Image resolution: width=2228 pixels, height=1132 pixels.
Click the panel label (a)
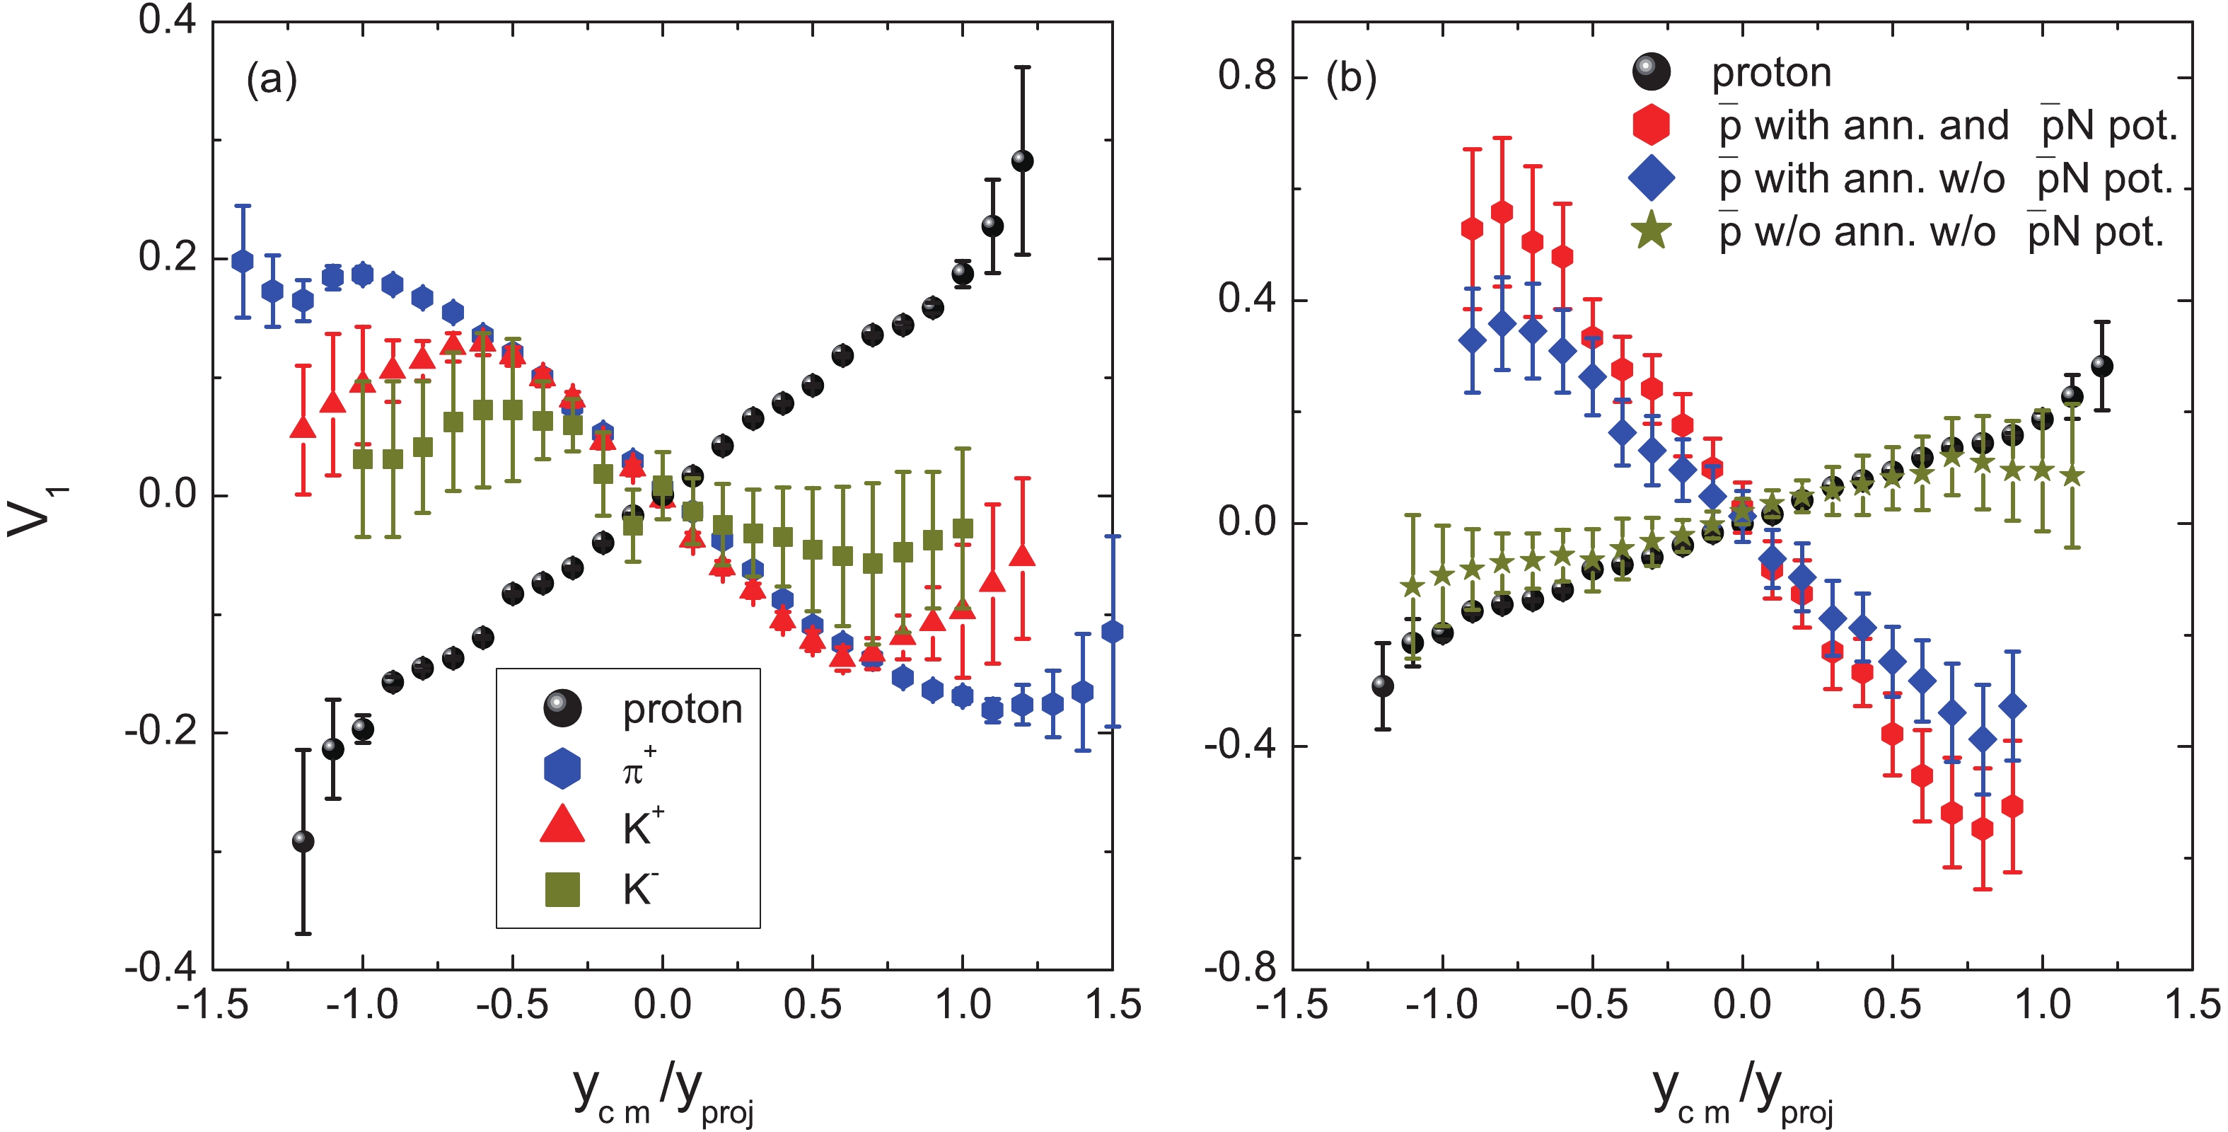click(272, 80)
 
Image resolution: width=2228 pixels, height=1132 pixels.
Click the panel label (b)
click(1351, 78)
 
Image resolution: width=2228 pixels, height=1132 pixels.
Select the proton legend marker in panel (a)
click(562, 708)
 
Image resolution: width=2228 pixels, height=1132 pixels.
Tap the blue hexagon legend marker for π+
click(562, 768)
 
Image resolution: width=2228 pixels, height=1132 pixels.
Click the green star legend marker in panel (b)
click(1651, 231)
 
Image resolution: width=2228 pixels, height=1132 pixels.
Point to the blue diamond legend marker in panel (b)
click(1651, 178)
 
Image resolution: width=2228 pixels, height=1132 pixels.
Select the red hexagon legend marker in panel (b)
click(1651, 125)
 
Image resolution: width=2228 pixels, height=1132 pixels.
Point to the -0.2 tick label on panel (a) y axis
click(159, 732)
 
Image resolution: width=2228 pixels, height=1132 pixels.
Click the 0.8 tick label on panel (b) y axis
click(1246, 76)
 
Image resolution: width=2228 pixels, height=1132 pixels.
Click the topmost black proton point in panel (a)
click(1022, 161)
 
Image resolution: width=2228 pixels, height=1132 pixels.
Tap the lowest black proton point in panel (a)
click(303, 841)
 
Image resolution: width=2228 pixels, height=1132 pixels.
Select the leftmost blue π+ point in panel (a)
click(243, 260)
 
